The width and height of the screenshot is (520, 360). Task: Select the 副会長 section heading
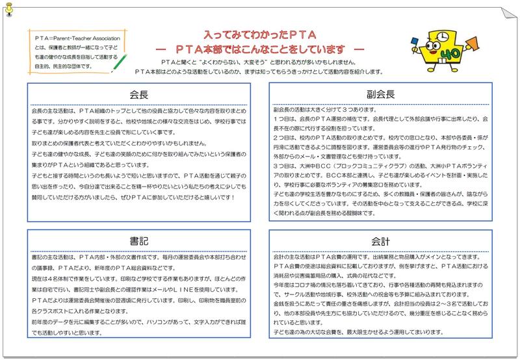click(x=382, y=93)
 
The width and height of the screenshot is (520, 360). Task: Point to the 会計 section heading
click(x=382, y=241)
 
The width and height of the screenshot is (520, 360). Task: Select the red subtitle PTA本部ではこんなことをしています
click(x=259, y=49)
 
